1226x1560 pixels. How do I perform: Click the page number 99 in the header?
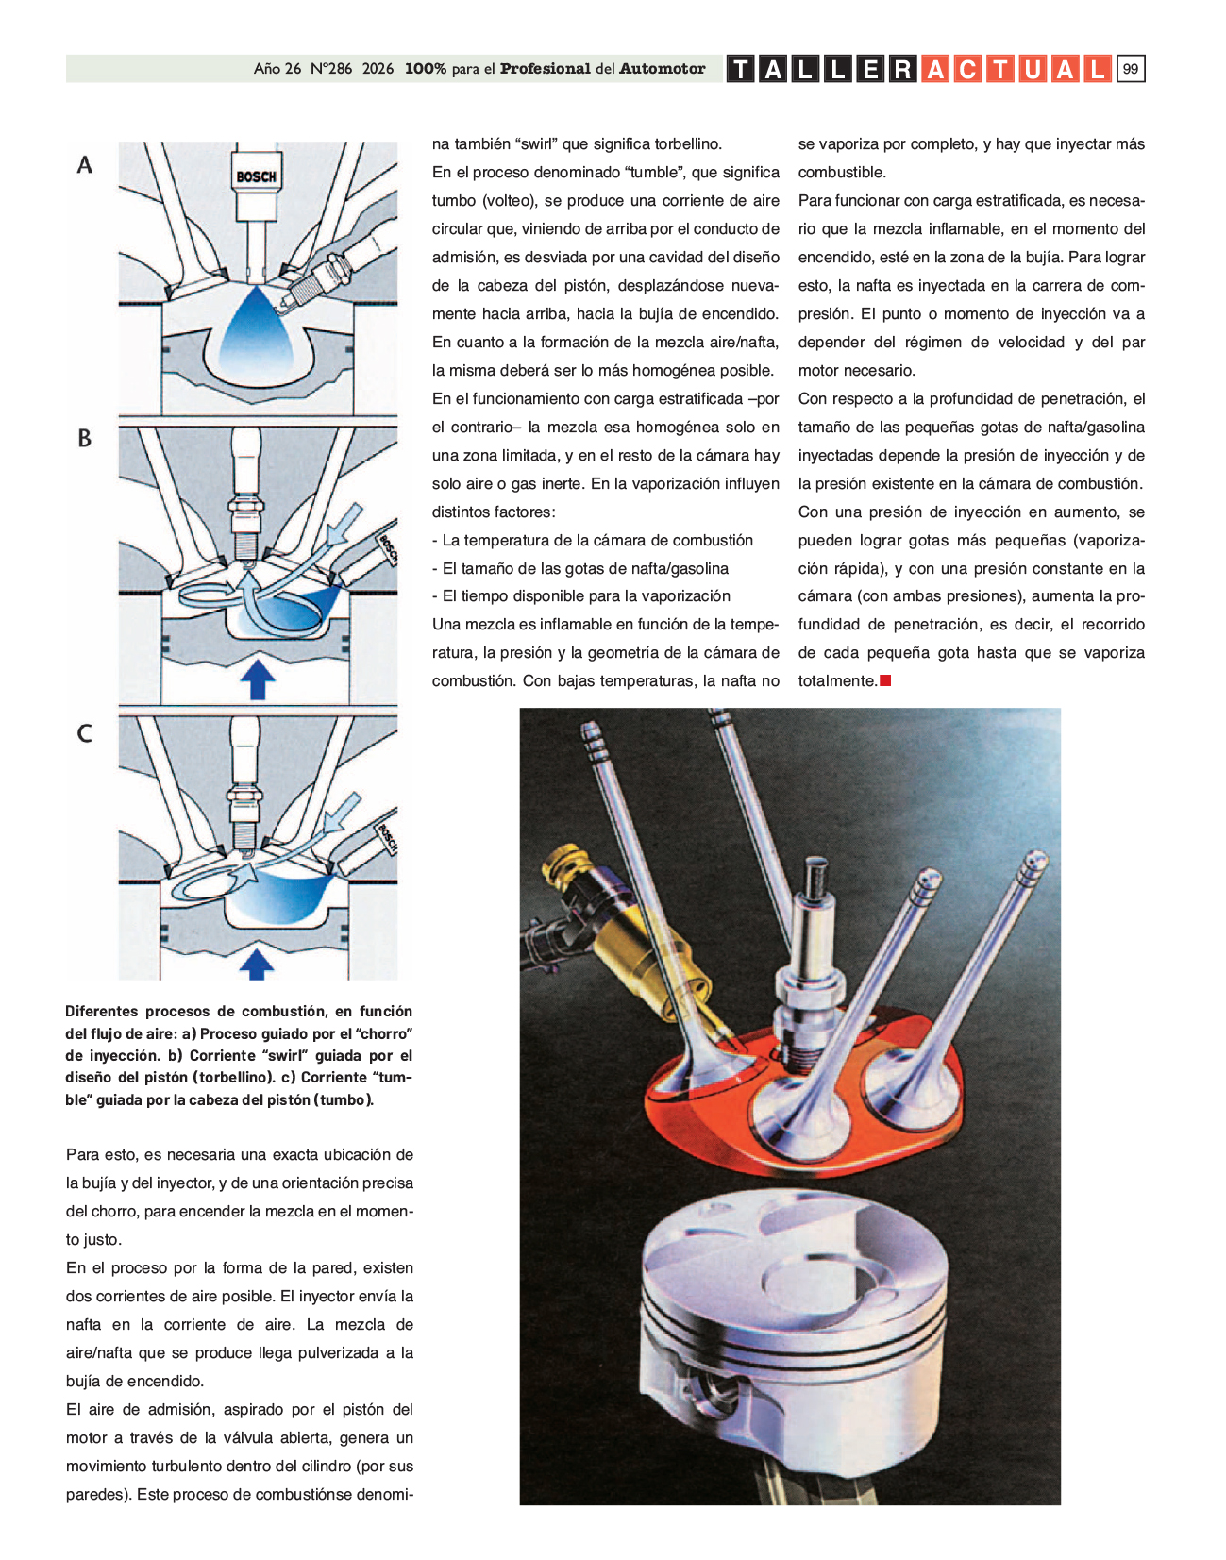point(1130,69)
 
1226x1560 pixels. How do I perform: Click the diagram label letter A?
point(85,165)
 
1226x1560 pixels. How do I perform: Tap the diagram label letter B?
point(85,439)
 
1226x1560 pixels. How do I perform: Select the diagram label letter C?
point(85,733)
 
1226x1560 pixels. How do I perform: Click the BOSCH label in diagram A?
point(256,176)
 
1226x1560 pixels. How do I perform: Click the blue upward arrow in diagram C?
point(256,965)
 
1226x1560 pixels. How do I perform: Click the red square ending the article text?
point(885,680)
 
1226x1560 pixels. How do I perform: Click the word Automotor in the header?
point(662,69)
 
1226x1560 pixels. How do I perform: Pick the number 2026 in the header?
point(378,69)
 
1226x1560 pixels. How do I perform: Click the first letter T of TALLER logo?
point(741,69)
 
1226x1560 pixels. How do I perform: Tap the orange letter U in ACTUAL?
point(1033,69)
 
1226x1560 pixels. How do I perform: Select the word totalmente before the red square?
point(837,680)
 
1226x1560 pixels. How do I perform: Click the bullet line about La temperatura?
point(593,540)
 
